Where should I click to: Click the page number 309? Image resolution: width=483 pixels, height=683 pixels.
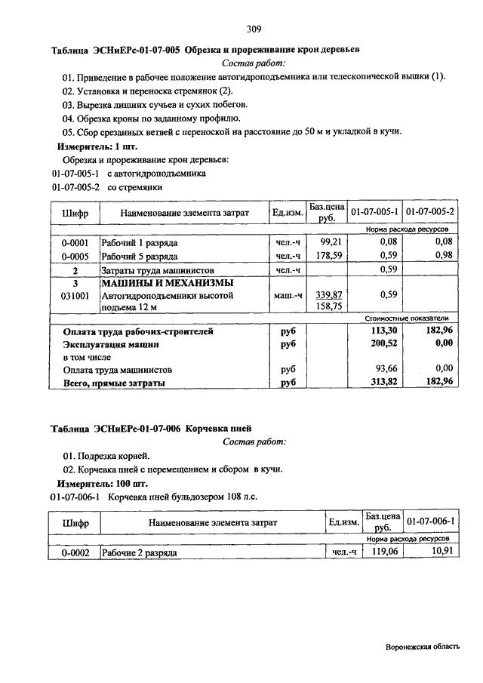[x=254, y=29]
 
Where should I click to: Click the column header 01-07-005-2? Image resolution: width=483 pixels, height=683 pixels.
[x=429, y=213]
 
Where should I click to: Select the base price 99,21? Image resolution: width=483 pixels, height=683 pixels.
[x=332, y=242]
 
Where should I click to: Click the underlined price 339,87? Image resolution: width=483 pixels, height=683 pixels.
[x=330, y=295]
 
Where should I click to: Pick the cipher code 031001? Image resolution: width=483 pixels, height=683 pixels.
[x=75, y=295]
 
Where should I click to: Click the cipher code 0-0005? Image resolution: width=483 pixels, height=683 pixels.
[x=75, y=255]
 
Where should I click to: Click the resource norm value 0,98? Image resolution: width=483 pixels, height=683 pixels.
[x=443, y=255]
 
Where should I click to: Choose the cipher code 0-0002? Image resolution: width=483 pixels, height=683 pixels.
[x=75, y=553]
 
